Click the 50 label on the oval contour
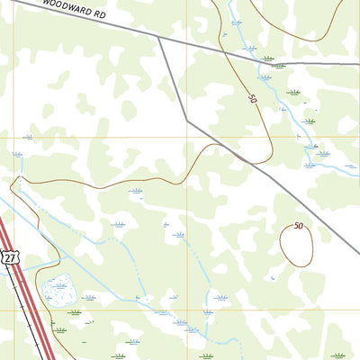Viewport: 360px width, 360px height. coord(298,226)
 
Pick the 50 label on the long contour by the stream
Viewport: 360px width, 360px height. coord(252,96)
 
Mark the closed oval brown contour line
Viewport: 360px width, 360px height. coord(282,245)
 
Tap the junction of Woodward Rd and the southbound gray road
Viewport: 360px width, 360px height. coord(159,37)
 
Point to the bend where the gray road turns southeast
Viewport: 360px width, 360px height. coord(187,120)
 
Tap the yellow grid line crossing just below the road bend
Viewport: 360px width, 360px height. coord(187,137)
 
